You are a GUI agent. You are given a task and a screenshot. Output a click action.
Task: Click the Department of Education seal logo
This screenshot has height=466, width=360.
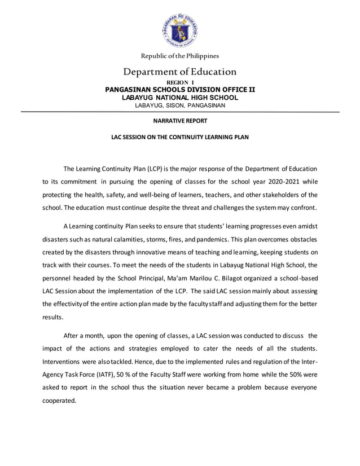coord(180,29)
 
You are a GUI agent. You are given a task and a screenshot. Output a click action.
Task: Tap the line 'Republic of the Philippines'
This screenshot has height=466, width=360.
coord(180,56)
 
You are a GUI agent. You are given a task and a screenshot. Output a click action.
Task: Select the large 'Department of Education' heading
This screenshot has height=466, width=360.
coord(180,72)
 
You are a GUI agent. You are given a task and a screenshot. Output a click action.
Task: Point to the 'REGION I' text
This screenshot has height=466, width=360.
coord(180,82)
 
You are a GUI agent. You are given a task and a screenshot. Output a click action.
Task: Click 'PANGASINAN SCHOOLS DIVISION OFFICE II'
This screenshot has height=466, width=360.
coord(180,90)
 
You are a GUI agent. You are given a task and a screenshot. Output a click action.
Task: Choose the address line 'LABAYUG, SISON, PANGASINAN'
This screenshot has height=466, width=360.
coord(180,105)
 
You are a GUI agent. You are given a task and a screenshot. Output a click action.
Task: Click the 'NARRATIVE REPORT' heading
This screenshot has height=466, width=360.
coord(180,121)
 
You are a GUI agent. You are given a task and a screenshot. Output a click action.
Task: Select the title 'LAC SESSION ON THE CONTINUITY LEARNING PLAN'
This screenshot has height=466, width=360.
coord(180,137)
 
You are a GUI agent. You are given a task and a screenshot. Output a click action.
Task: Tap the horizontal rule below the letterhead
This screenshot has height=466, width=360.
coord(180,112)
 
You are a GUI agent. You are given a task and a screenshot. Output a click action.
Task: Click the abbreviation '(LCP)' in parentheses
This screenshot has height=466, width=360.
coord(155,169)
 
